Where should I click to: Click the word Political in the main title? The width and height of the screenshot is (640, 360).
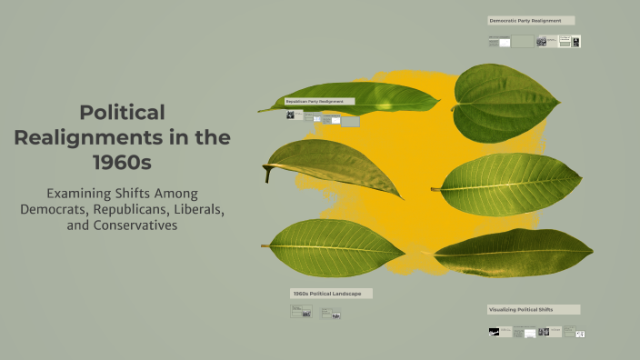[122, 113]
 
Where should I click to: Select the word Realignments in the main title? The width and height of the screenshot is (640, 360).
[83, 137]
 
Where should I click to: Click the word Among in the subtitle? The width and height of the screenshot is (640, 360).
[170, 193]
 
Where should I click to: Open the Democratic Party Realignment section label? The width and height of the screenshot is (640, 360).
[531, 20]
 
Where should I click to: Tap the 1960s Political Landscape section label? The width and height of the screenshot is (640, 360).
[331, 294]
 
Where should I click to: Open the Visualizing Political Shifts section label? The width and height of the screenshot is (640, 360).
[533, 309]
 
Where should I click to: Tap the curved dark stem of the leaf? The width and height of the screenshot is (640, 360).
[266, 172]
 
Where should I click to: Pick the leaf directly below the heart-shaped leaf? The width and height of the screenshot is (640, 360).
[514, 184]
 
